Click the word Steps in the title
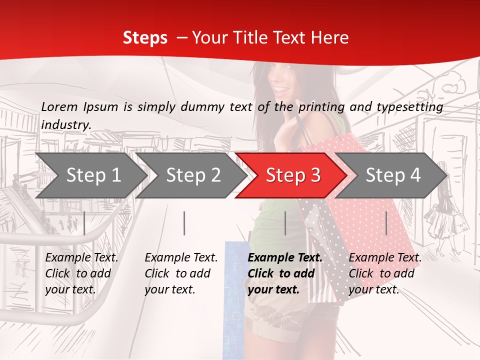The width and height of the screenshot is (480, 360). click(x=145, y=37)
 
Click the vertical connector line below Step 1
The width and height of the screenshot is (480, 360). click(x=84, y=223)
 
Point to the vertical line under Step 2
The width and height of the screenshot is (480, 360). click(x=184, y=223)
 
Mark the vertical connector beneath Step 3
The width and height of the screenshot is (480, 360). click(x=285, y=223)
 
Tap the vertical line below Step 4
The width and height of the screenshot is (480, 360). click(x=386, y=223)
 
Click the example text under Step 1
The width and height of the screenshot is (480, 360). click(x=81, y=273)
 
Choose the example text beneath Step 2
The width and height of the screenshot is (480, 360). click(x=181, y=273)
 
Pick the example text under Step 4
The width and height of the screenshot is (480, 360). click(x=385, y=273)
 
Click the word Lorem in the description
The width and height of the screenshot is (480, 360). click(x=59, y=106)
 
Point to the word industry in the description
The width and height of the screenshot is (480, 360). click(x=65, y=124)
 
